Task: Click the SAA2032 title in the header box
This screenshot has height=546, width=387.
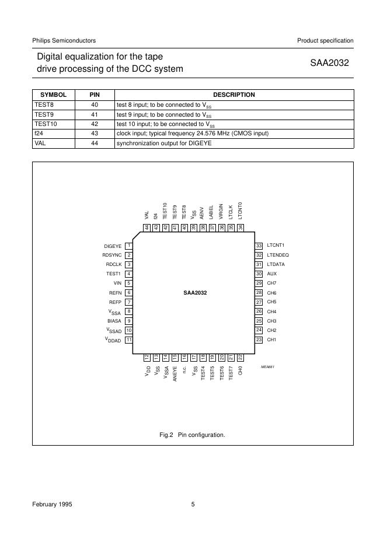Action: (x=329, y=63)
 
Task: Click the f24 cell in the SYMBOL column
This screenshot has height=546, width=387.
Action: (x=39, y=133)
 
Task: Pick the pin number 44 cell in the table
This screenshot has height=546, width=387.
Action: (x=94, y=143)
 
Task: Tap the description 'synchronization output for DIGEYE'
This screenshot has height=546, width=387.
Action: (x=164, y=143)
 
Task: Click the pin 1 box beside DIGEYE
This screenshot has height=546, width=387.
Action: (x=128, y=246)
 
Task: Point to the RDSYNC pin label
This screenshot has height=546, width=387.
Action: (x=112, y=256)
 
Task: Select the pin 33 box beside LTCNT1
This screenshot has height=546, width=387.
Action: (x=259, y=246)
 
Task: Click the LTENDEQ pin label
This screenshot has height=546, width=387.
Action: (x=278, y=256)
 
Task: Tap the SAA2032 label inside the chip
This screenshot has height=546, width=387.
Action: (x=195, y=293)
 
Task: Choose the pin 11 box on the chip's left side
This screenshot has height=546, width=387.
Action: (x=128, y=339)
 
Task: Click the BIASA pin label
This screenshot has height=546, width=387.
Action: (x=114, y=321)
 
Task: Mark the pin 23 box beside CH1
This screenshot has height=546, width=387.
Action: (x=259, y=339)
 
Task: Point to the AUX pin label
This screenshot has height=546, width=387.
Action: (x=272, y=274)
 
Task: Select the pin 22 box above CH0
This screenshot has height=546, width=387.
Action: (x=240, y=357)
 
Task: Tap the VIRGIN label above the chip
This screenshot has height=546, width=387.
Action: (x=221, y=211)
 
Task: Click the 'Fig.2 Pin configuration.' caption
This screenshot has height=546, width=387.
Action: (x=192, y=435)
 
